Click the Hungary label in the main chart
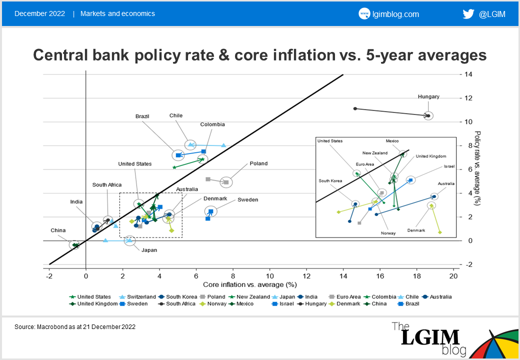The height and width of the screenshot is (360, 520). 428,97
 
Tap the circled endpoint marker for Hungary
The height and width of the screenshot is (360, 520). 428,115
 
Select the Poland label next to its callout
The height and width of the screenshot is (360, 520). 258,163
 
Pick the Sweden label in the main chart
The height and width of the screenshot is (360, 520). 247,200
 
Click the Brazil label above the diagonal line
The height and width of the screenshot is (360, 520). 142,116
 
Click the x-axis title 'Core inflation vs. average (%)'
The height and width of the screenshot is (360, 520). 250,285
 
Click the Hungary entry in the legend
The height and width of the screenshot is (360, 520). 315,304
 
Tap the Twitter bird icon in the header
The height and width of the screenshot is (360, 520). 468,14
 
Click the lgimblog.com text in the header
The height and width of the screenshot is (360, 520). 396,14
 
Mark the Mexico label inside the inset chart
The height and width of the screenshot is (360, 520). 392,141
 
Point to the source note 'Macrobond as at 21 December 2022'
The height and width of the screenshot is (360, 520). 75,327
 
